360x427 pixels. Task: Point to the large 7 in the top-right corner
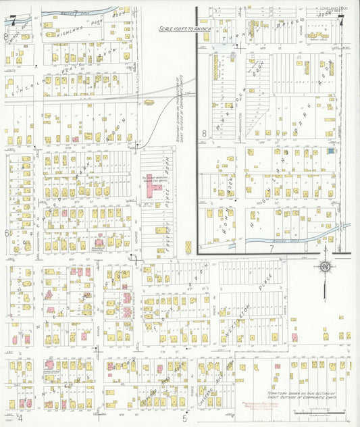[342, 20]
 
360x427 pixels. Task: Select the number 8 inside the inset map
[203, 134]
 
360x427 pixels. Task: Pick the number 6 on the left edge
[7, 233]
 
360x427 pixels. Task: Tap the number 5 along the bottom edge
[184, 418]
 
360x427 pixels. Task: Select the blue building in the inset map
[330, 152]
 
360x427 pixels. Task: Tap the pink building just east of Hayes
[294, 336]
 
